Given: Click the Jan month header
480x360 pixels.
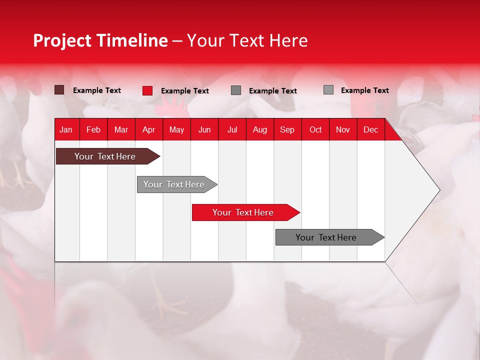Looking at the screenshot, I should (x=66, y=129).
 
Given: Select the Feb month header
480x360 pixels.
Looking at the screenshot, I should (x=93, y=129).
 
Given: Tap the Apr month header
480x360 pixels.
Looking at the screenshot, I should (x=148, y=129).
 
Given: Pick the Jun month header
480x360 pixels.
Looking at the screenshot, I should (x=204, y=129).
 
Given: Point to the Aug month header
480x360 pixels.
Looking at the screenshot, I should (x=259, y=129).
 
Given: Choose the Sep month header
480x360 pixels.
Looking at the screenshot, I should (x=287, y=129).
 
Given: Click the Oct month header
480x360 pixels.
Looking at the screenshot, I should (x=315, y=129).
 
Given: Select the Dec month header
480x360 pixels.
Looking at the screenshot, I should (x=370, y=129).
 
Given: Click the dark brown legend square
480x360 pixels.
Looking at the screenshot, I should (x=59, y=90).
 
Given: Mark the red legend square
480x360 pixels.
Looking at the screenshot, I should (x=147, y=90).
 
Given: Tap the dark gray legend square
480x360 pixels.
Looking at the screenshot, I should (x=236, y=90).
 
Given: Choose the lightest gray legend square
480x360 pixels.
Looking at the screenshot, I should (x=328, y=90).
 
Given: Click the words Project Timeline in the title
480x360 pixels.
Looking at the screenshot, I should (x=100, y=40).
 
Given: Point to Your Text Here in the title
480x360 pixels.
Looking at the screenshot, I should (x=247, y=40).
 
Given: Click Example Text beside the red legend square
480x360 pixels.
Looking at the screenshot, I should (x=185, y=91).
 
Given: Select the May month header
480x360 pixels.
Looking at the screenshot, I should (x=176, y=129).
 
